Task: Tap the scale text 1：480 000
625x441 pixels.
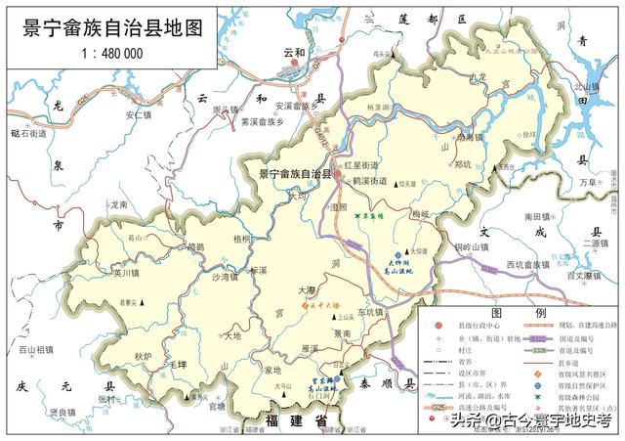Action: point(109,55)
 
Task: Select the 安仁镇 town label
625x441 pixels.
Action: point(135,113)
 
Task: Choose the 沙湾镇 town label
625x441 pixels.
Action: point(225,278)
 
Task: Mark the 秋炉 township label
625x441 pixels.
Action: point(145,356)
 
